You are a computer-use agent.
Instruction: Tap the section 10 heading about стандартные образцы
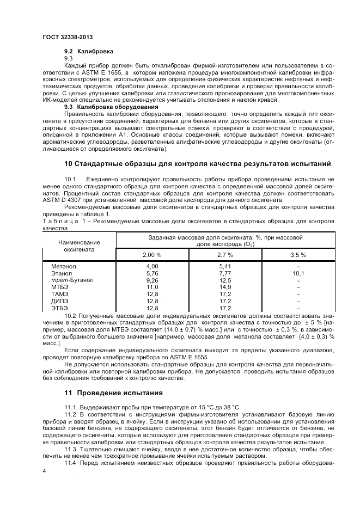(197, 164)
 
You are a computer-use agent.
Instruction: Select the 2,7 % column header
(225, 255)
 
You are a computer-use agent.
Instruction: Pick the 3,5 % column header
(298, 255)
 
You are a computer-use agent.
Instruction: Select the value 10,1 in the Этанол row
(298, 273)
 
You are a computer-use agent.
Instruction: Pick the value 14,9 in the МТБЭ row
(225, 287)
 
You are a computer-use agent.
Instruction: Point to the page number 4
(44, 471)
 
